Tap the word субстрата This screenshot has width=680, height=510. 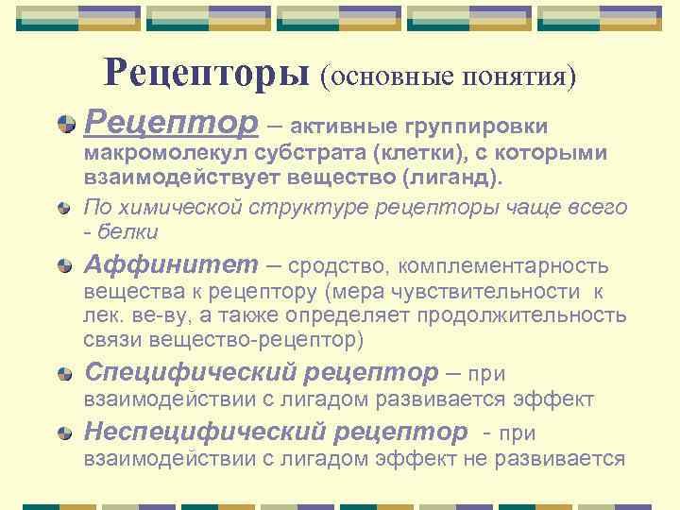point(280,153)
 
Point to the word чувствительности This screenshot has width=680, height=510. point(491,293)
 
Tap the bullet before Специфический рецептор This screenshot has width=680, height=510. point(64,373)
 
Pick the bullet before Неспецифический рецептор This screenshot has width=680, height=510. point(64,433)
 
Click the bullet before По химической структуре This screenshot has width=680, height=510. point(64,206)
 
